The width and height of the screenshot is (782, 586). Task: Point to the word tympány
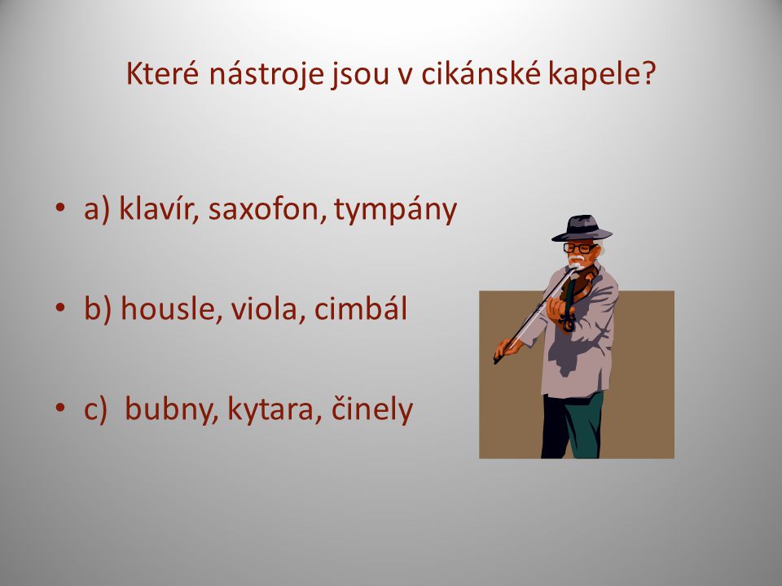(396, 210)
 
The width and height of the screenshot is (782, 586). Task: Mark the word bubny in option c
(172, 409)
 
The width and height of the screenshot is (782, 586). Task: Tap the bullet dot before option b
(60, 308)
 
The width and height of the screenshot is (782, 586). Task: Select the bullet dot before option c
(60, 408)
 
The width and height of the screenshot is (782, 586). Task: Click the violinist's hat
(582, 228)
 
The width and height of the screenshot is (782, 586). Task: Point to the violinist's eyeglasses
(579, 247)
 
